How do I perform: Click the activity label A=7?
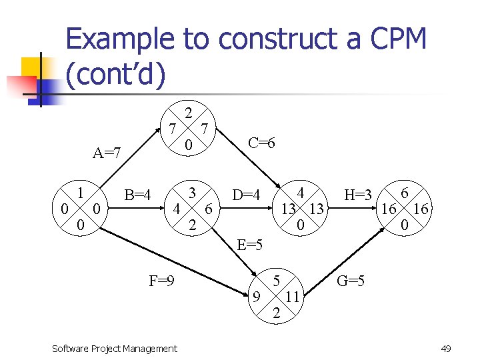107,154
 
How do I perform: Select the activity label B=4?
138,195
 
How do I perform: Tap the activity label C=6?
261,143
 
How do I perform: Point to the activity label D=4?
246,195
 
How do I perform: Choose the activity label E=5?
250,245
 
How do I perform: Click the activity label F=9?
162,281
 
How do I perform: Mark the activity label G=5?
351,281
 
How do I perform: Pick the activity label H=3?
357,195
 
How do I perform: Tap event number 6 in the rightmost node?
404,193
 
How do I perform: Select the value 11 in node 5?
292,296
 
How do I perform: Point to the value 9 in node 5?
257,296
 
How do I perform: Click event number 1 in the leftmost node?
80,193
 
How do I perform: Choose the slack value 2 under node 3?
192,226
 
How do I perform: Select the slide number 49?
446,348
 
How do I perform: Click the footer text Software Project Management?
114,348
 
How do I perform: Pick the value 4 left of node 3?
176,209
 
